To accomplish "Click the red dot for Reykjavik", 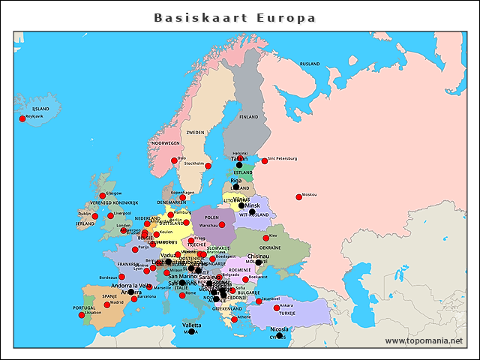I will pyautogui.click(x=22, y=118).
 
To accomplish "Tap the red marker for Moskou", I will pyautogui.click(x=299, y=196).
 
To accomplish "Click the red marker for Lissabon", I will pyautogui.click(x=82, y=314).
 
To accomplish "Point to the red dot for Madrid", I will pyautogui.click(x=106, y=304).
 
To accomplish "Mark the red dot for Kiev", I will pyautogui.click(x=264, y=238).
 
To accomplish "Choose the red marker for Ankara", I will pyautogui.click(x=277, y=307).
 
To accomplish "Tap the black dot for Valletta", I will pyautogui.click(x=191, y=331).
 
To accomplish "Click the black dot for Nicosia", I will pyautogui.click(x=279, y=335).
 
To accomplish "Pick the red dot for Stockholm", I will pyautogui.click(x=208, y=166).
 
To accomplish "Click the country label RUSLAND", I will pyautogui.click(x=310, y=64).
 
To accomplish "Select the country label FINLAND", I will pyautogui.click(x=248, y=117).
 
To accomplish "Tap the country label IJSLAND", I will pyautogui.click(x=40, y=109).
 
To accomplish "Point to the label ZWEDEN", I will pyautogui.click(x=195, y=132).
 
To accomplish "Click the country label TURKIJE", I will pyautogui.click(x=287, y=313).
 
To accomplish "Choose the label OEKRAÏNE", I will pyautogui.click(x=270, y=247).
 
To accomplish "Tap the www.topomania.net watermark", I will pyautogui.click(x=424, y=341).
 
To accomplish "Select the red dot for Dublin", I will pyautogui.click(x=95, y=216).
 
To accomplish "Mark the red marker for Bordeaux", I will pyautogui.click(x=121, y=276).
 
